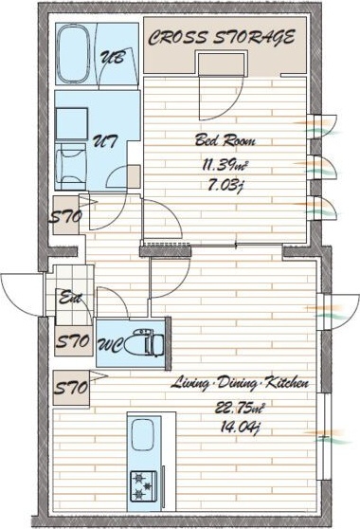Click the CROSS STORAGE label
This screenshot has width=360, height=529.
tap(222, 37)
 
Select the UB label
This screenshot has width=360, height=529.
tap(113, 57)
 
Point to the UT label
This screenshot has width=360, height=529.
tap(105, 141)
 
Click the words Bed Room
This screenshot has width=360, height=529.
tap(225, 140)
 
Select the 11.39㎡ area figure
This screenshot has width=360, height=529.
tap(225, 165)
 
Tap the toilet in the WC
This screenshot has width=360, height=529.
tap(144, 343)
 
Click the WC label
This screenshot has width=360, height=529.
tap(110, 345)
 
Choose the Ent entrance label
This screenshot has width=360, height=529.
tap(70, 299)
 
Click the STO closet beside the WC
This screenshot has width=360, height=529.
tap(74, 341)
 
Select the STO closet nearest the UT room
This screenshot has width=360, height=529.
tap(66, 215)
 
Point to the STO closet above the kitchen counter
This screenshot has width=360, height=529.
tap(71, 388)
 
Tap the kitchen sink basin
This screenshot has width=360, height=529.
tap(143, 435)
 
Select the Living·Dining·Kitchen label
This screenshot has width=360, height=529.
tap(240, 384)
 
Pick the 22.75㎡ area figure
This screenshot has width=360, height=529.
tap(239, 409)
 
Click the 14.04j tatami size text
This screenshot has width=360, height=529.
tap(239, 428)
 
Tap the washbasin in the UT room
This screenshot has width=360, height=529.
tap(71, 167)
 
